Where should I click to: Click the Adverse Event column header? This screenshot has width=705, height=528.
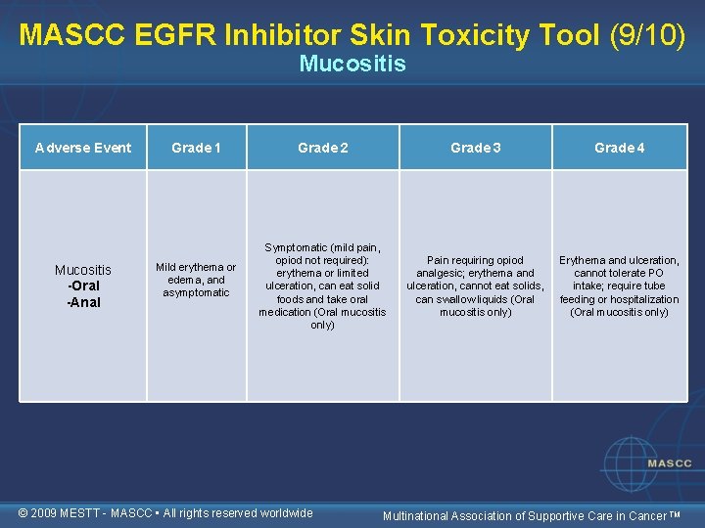pos(83,148)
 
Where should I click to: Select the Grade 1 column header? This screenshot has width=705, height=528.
pos(196,148)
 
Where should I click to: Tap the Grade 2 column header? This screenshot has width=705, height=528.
pos(322,148)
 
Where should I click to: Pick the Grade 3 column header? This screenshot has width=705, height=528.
pos(475,148)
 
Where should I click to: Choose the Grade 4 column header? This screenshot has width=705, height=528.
pos(619,148)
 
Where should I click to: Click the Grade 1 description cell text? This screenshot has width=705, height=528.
pos(196,280)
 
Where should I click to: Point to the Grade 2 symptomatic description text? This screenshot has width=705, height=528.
pos(322,286)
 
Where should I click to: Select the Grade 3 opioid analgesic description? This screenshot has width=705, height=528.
pos(475,286)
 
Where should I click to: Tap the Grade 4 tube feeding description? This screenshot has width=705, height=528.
pos(619,286)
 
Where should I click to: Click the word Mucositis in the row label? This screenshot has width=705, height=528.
pos(83,270)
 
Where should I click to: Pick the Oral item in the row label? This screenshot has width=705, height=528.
pos(83,286)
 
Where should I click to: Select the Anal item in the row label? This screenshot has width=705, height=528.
pos(83,302)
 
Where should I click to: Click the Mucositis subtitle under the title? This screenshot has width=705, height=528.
pos(352,65)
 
